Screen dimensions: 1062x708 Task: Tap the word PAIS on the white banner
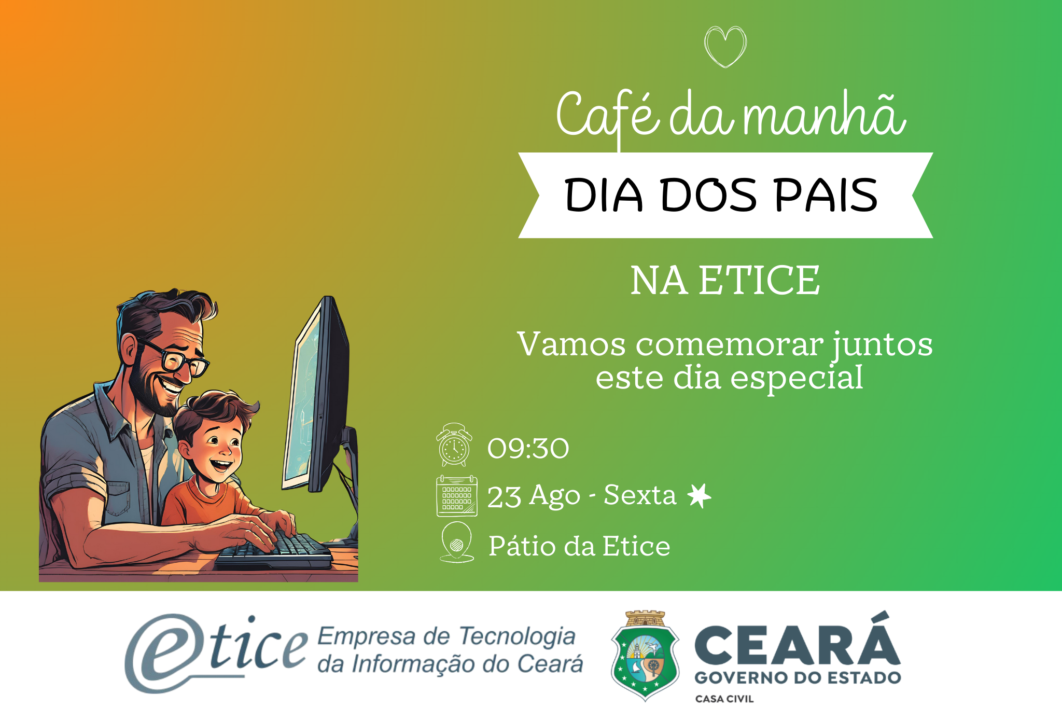(x=826, y=195)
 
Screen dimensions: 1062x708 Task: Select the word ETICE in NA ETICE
(x=759, y=280)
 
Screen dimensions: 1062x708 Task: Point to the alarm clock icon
(x=454, y=445)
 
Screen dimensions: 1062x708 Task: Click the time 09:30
(x=528, y=448)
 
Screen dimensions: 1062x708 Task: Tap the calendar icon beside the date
(x=457, y=496)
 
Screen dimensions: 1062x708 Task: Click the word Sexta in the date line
(x=640, y=495)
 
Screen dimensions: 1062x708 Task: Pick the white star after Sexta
(x=699, y=496)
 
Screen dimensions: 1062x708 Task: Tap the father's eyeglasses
(x=174, y=357)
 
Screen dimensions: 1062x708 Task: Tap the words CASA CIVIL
(x=724, y=699)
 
